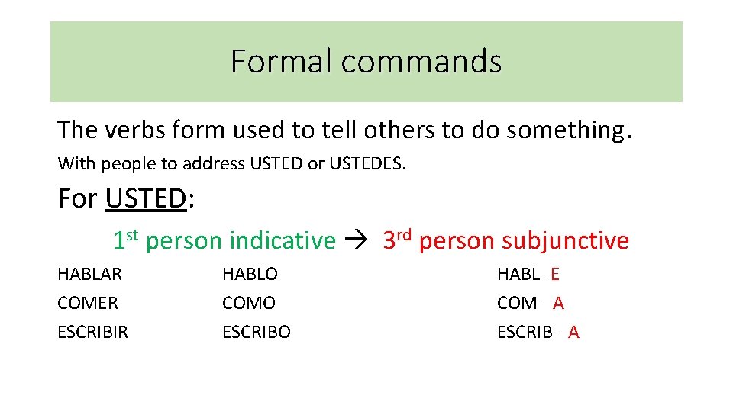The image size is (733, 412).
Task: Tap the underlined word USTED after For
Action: coord(146,198)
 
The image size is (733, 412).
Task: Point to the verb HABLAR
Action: coord(90,274)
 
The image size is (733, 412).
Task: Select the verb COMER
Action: coord(88,303)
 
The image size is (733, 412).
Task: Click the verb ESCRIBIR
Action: coord(93,332)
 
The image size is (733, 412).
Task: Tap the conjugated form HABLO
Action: coord(250,274)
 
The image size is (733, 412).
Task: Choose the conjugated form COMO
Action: coord(249,303)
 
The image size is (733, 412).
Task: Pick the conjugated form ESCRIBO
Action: coord(257,332)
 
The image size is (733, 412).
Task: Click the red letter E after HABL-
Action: coord(555,274)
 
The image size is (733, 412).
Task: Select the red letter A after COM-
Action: coord(558,303)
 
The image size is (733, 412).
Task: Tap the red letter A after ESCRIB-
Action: coord(573,332)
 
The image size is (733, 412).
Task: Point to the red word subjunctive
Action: coord(565,241)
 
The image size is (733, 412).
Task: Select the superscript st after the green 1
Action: coord(132,234)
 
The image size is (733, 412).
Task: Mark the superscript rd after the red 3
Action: coord(405,234)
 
